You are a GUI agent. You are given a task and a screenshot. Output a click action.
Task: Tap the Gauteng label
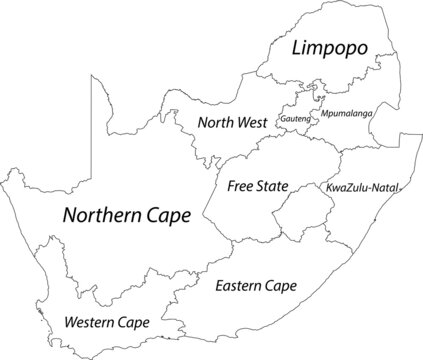tap(297, 117)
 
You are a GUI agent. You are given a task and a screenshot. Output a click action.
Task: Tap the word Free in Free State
tap(240, 186)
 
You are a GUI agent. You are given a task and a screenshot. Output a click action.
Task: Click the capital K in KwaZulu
tap(328, 187)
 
